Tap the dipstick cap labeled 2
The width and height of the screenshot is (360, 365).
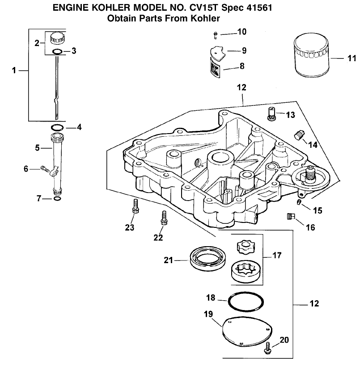pos(57,38)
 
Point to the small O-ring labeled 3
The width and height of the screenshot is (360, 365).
pos(57,51)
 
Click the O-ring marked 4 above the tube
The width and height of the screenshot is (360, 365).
pos(56,127)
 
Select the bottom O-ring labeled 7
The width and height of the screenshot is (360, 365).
pos(56,198)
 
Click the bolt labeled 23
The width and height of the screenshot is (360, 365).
pos(134,206)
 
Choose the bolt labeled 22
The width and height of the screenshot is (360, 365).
pos(164,218)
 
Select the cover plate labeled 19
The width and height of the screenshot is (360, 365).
pos(249,331)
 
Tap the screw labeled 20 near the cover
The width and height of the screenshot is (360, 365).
pos(268,347)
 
